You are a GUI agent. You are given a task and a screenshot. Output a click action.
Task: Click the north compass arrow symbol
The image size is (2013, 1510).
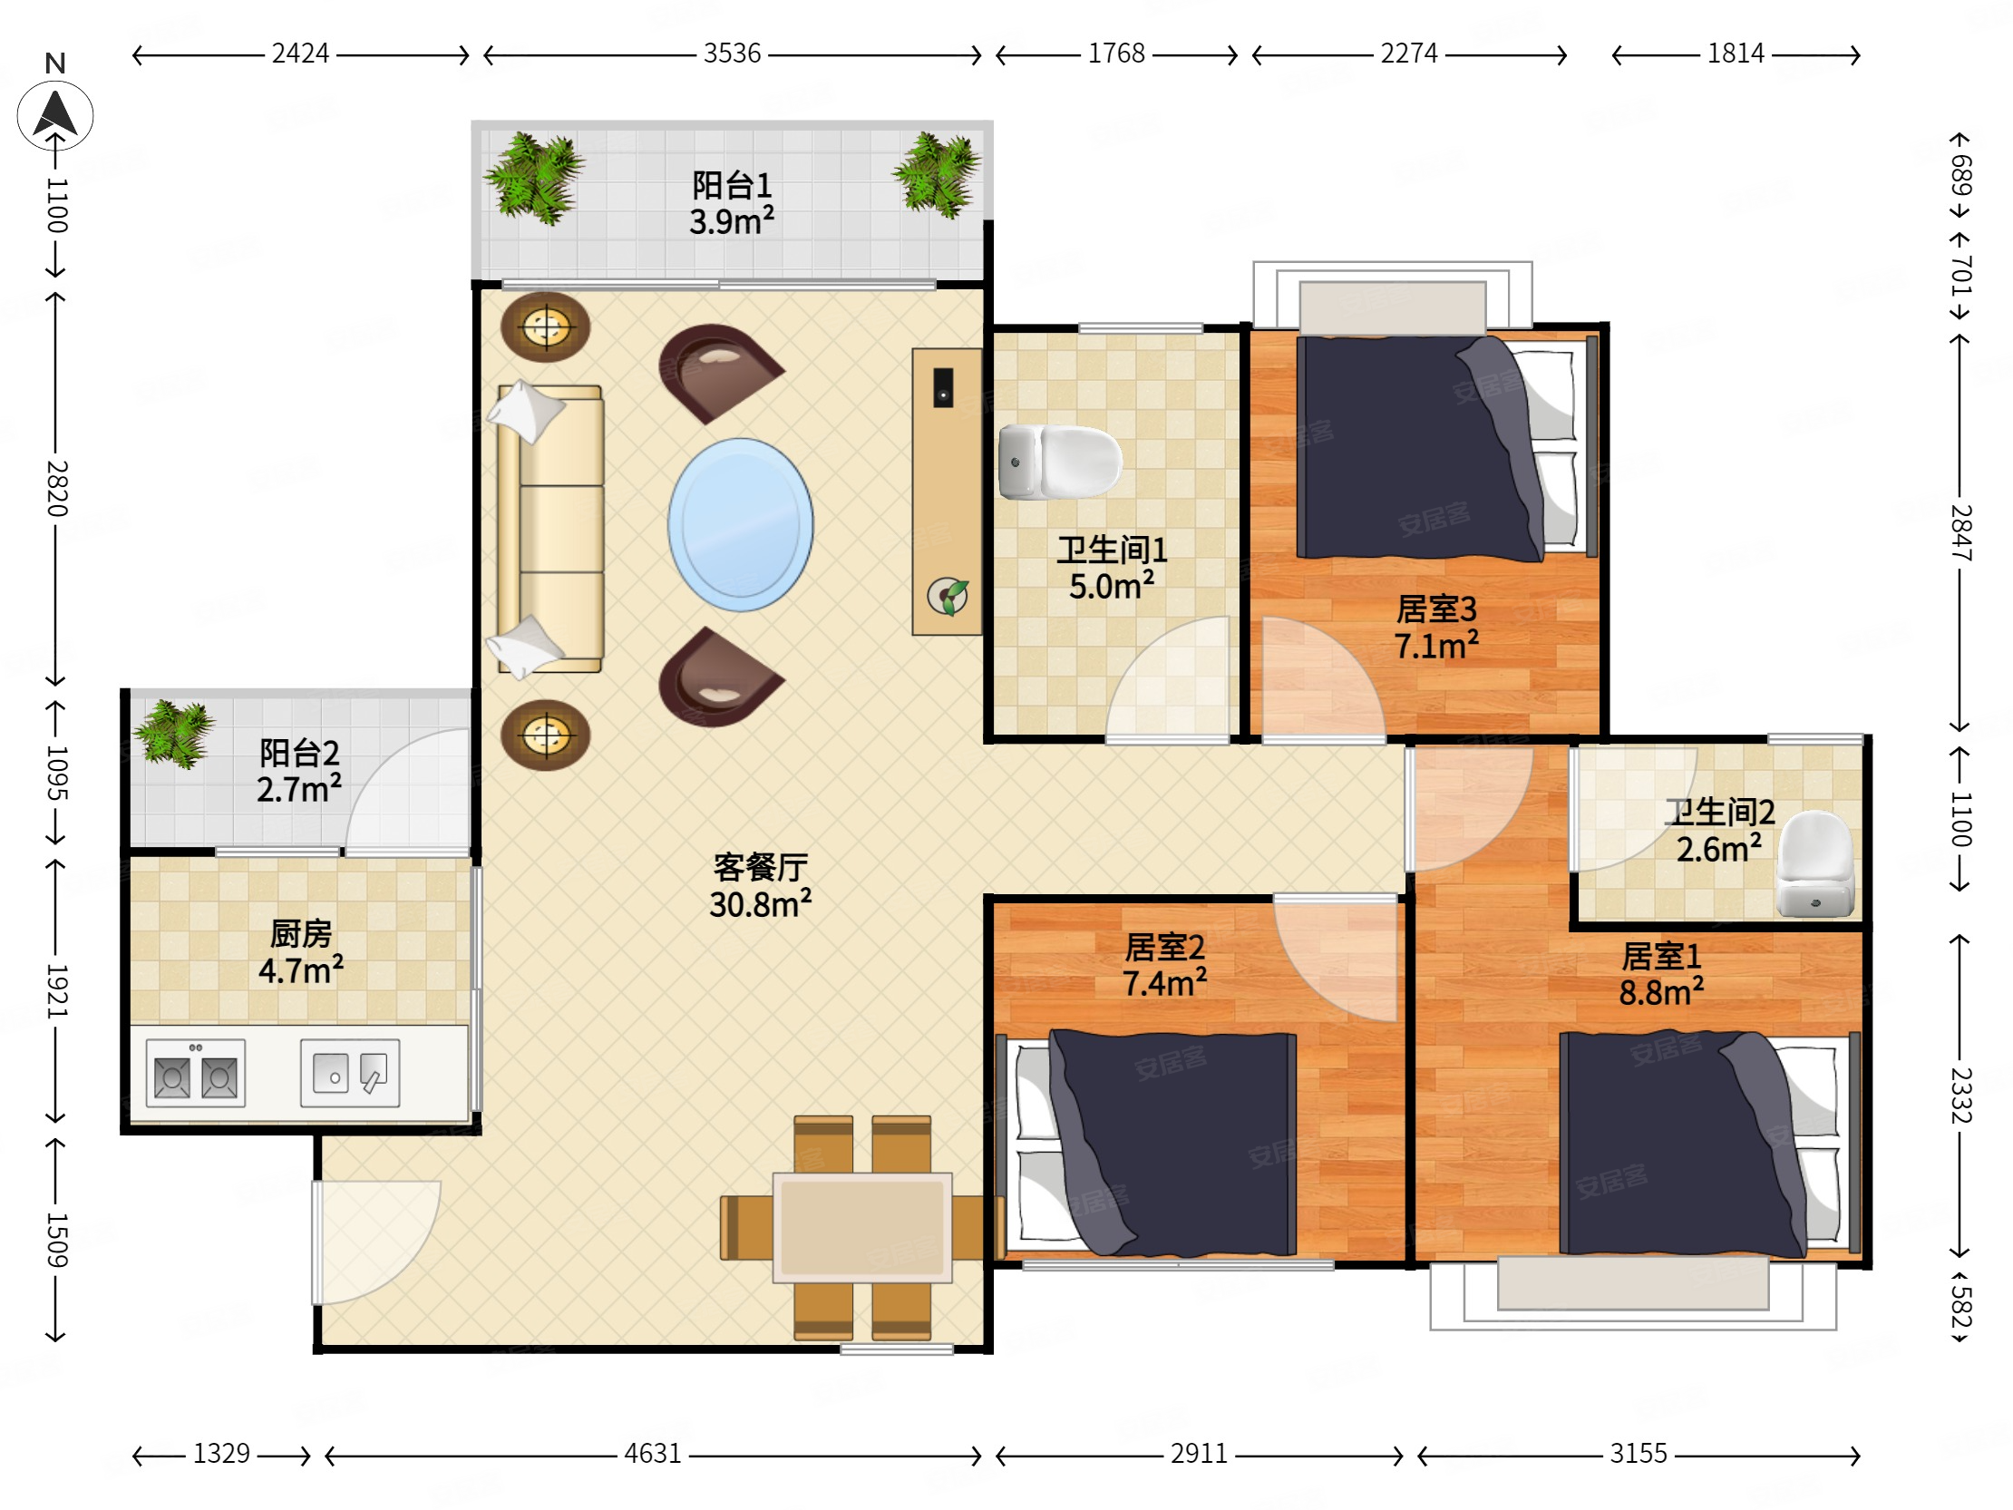pos(55,115)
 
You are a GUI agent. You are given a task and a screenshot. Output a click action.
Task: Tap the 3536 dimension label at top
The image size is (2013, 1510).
pos(732,54)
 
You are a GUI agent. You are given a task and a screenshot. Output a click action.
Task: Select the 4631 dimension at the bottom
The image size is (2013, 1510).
pos(653,1454)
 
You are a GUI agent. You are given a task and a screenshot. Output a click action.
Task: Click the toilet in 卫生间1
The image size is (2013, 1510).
pos(1060,463)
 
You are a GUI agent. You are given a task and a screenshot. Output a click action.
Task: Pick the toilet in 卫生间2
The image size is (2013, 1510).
pos(1815,863)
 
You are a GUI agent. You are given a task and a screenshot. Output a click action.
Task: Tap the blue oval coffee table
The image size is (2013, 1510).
pos(741,524)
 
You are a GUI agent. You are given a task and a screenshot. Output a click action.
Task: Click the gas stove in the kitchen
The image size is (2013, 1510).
pos(196,1073)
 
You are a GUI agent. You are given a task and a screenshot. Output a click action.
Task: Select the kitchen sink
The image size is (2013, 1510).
pos(350,1073)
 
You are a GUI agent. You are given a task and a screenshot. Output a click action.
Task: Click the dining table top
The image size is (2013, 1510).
pos(862,1227)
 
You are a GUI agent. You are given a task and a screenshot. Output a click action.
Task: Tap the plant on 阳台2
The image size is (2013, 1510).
pos(174,734)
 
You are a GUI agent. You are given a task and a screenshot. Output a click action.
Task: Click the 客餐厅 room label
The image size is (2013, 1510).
pos(761,867)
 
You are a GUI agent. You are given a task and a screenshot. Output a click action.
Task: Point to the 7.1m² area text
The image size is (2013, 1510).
pos(1436,646)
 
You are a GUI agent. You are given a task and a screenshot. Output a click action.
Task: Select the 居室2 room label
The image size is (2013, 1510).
pos(1165,948)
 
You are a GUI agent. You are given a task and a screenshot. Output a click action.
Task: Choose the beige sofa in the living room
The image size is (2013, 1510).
pos(550,529)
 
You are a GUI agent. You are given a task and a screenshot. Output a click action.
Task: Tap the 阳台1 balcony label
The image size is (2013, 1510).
pos(732,186)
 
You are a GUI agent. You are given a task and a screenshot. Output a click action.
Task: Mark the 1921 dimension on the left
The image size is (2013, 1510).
pos(56,990)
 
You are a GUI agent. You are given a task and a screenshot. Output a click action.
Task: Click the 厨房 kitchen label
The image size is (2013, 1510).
pos(301,934)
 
